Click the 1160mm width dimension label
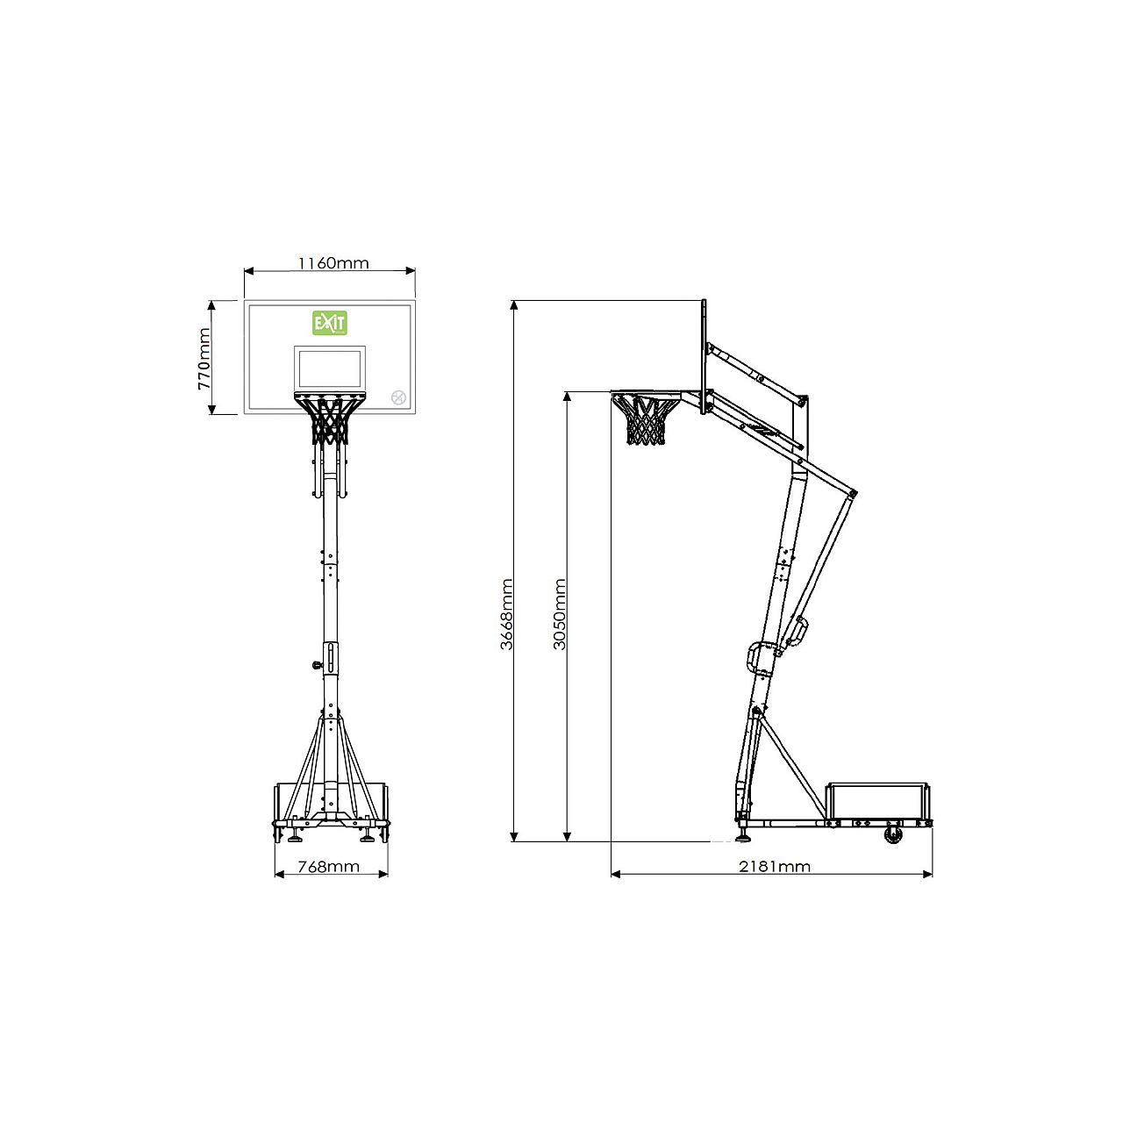(x=333, y=263)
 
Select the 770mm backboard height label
(x=204, y=359)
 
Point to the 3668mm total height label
(x=506, y=613)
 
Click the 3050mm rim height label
(x=560, y=613)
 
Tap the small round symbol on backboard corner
(x=398, y=397)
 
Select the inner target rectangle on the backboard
(x=330, y=368)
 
